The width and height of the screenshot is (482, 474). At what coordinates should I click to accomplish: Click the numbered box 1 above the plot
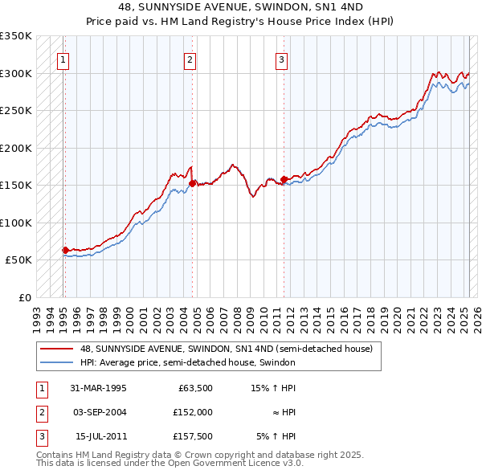(63, 59)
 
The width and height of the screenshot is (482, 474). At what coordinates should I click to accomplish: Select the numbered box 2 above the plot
(190, 59)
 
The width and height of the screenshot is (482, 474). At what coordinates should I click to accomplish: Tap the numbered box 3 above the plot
(282, 59)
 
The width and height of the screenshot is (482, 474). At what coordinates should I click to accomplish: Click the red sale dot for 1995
(65, 250)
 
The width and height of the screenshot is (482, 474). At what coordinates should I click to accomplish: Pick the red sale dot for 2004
(192, 183)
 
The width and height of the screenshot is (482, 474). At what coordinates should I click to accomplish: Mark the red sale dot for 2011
(284, 179)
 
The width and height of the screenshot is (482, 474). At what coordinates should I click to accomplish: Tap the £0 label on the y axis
(24, 297)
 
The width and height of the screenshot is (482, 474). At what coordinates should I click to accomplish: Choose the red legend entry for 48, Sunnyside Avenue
(226, 349)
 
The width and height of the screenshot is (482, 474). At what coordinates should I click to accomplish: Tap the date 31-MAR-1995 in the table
(98, 388)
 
